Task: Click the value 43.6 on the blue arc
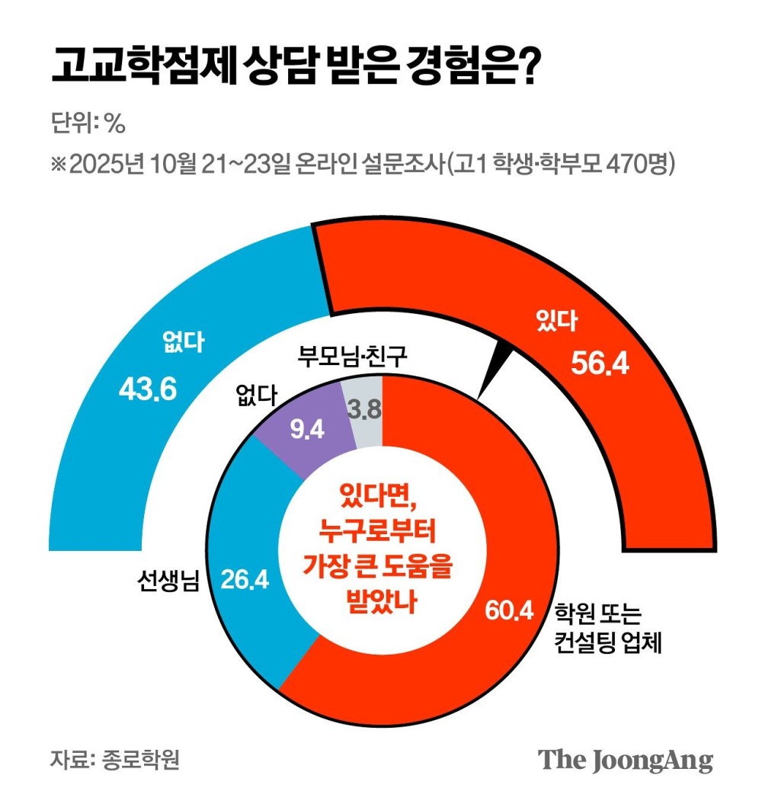pos(148,389)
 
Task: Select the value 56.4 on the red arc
pos(600,365)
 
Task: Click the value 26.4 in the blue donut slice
pos(245,580)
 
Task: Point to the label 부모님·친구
pos(352,355)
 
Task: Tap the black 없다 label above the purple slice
pos(256,396)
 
